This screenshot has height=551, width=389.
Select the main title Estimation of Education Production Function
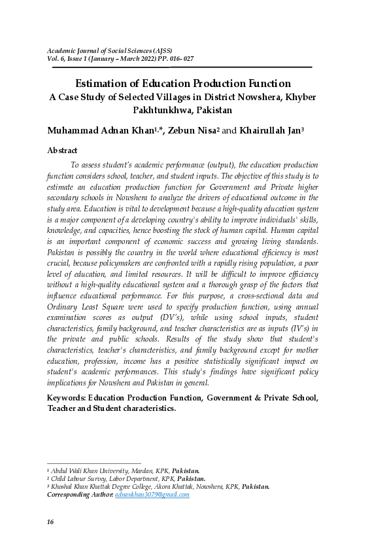[x=183, y=83]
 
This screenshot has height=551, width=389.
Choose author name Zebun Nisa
[x=193, y=130]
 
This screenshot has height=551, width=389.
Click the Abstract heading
[x=62, y=151]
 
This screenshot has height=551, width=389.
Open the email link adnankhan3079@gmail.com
[x=152, y=495]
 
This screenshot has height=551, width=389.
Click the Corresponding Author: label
[x=80, y=495]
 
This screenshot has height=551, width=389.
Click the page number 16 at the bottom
[x=50, y=522]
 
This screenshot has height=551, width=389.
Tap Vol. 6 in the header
[x=56, y=59]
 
